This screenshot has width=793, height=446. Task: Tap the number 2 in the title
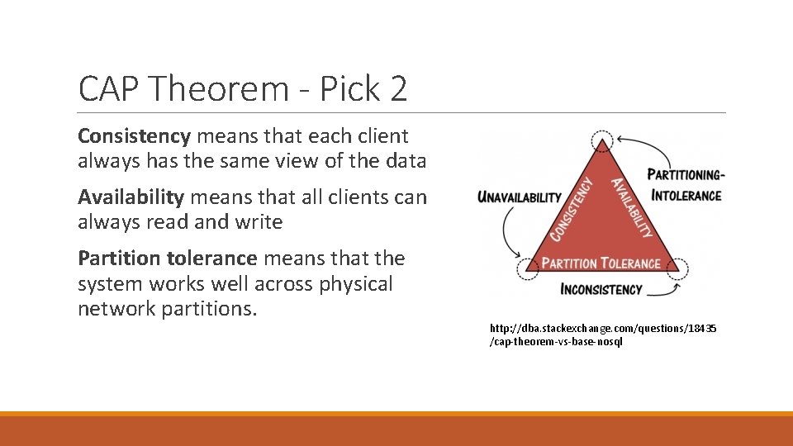[x=398, y=89]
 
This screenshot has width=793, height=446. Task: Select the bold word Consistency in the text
[x=133, y=136]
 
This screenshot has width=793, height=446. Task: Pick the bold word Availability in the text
[x=131, y=197]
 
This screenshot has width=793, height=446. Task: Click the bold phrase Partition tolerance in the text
[x=167, y=259]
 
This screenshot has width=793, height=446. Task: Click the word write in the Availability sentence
[x=258, y=223]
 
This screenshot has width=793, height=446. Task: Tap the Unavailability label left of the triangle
[x=519, y=198]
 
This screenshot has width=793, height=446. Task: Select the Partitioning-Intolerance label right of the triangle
[x=686, y=185]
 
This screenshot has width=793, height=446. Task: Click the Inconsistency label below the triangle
[x=601, y=289]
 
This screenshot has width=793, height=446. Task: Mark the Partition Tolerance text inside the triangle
[x=601, y=263]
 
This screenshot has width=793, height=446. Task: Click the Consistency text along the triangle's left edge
[x=572, y=210]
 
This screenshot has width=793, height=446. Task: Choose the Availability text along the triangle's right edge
[x=631, y=208]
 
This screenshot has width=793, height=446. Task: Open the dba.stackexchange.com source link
[x=602, y=335]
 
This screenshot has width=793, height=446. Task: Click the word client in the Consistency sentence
[x=382, y=136]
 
